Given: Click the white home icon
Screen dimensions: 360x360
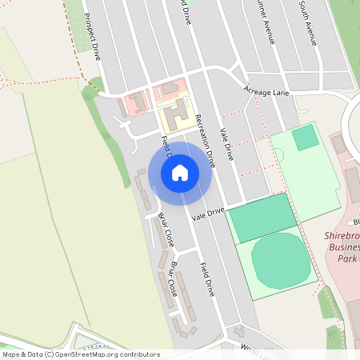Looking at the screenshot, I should point(180,172).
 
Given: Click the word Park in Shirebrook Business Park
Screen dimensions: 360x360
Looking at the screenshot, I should point(345,259).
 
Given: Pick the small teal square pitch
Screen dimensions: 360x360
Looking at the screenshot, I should point(305,138).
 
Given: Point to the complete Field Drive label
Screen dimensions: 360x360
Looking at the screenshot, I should point(207,278).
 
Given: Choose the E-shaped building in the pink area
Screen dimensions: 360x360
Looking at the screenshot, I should point(134,102).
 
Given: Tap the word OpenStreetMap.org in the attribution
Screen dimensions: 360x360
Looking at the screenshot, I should point(92,354).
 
